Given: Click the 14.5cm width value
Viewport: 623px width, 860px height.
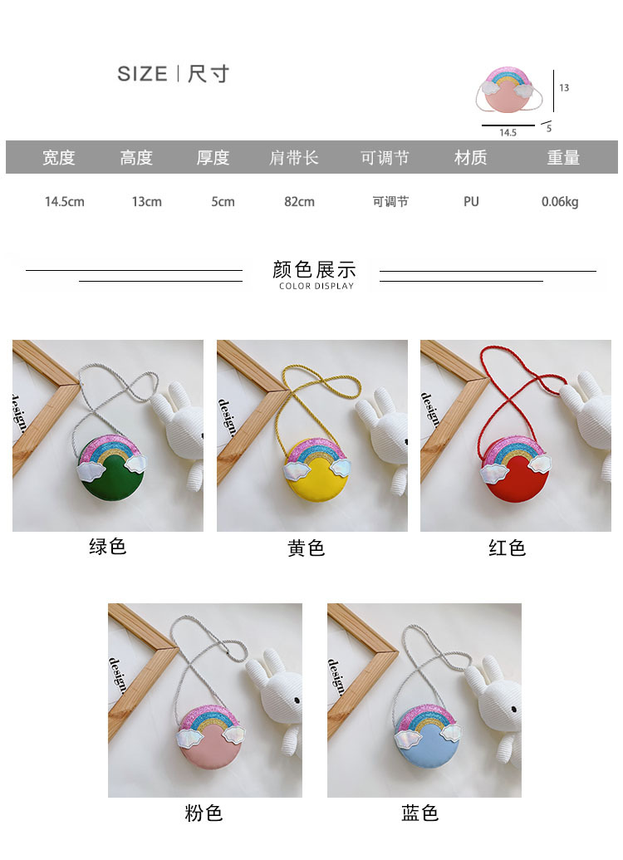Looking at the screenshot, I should (x=65, y=201).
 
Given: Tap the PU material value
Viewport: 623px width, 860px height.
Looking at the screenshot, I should (x=471, y=201).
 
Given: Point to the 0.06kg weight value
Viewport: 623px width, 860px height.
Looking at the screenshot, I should (x=560, y=201).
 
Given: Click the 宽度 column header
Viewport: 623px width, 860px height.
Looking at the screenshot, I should (x=59, y=158).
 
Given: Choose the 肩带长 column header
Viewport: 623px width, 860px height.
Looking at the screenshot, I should (x=294, y=158).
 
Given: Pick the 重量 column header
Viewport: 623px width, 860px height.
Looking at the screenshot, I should (x=562, y=158).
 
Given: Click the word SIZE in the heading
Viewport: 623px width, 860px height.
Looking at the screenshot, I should (x=142, y=74).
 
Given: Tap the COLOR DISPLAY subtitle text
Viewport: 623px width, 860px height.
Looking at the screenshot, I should (x=316, y=286).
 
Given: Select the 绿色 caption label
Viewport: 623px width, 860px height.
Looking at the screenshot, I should (x=107, y=547).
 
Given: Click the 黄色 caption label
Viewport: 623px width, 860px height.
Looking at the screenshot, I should (x=307, y=548).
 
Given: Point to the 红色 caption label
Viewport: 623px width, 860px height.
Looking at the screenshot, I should (x=507, y=548).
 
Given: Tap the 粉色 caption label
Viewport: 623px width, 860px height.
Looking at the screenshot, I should (x=204, y=813).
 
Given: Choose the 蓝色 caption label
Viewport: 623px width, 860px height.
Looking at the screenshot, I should (x=419, y=813).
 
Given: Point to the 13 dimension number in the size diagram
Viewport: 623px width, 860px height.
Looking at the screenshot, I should (x=564, y=87).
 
